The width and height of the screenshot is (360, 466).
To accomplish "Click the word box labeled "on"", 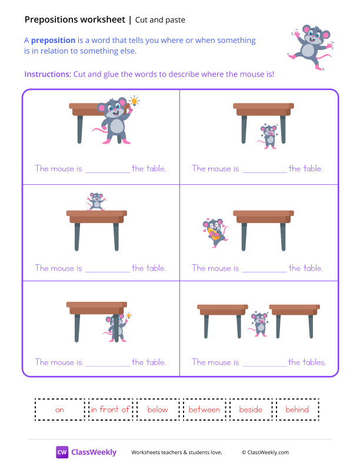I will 59,410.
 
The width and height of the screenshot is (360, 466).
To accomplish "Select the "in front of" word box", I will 110,410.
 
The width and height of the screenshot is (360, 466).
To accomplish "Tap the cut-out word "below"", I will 157,410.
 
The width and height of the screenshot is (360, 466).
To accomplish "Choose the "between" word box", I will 204,410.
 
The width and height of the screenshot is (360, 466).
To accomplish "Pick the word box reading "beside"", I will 251,410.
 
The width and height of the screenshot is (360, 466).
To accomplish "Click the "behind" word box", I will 297,410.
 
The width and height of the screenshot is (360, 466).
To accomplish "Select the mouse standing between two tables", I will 259,322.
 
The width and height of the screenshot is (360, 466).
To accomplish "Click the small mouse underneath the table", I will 269,135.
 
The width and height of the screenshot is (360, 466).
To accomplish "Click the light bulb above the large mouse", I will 135,101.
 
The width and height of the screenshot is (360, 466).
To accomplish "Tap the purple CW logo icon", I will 62,452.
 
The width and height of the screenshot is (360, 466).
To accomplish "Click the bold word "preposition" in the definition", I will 53,41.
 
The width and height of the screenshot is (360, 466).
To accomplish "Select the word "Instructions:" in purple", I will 47,74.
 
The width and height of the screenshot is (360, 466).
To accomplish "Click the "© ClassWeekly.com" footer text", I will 265,452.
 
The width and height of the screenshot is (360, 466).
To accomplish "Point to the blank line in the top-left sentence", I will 106,169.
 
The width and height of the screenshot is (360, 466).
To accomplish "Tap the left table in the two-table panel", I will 222,312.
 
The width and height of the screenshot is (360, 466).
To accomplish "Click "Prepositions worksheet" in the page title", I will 75,20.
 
